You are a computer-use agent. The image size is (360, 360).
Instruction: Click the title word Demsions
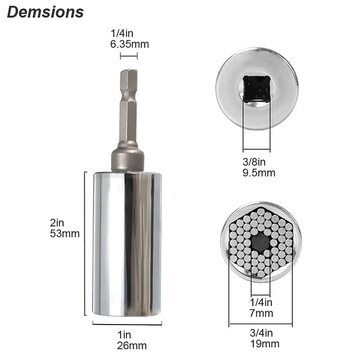point(45,12)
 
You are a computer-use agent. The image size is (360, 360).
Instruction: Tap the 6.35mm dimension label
point(129,44)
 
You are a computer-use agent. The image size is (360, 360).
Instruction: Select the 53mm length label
point(65,234)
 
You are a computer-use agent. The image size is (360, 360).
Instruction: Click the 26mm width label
point(132,345)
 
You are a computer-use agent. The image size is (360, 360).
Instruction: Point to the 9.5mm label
point(259,172)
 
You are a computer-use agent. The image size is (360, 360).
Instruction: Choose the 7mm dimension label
point(261,313)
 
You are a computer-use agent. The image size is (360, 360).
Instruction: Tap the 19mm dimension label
point(265,344)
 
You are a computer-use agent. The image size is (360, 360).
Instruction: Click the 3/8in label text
point(254,162)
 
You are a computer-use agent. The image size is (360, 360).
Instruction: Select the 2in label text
point(57,223)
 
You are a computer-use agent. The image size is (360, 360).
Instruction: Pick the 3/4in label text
point(261,333)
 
